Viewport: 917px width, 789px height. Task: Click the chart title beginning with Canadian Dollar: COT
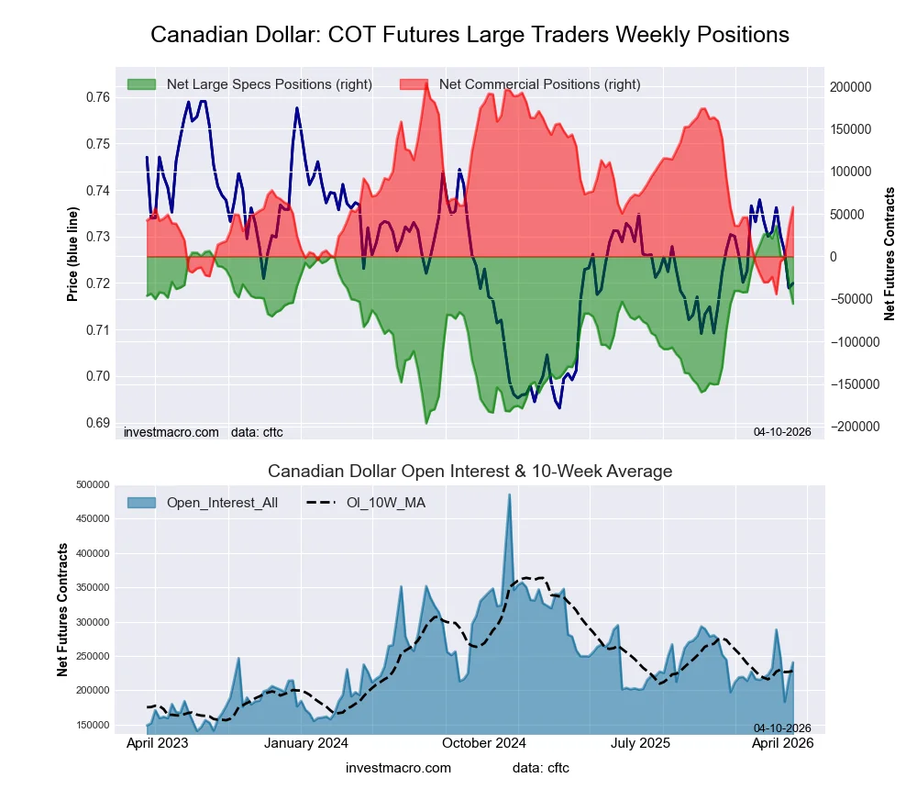click(470, 35)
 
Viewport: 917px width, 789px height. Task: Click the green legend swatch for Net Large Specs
click(142, 84)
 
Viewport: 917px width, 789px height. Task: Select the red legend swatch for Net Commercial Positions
click(414, 84)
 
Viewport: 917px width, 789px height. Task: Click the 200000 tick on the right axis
click(851, 87)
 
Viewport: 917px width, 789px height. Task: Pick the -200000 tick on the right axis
click(853, 427)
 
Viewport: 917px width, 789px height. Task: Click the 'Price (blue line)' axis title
click(72, 254)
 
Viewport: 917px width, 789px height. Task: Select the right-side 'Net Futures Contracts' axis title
click(889, 254)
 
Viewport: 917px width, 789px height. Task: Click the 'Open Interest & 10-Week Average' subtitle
click(470, 472)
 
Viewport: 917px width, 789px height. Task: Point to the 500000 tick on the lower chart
click(94, 484)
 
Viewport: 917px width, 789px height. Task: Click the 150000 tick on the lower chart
click(94, 725)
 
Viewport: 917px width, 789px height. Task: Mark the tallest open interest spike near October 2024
click(510, 495)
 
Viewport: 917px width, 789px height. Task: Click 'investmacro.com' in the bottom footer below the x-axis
click(398, 768)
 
